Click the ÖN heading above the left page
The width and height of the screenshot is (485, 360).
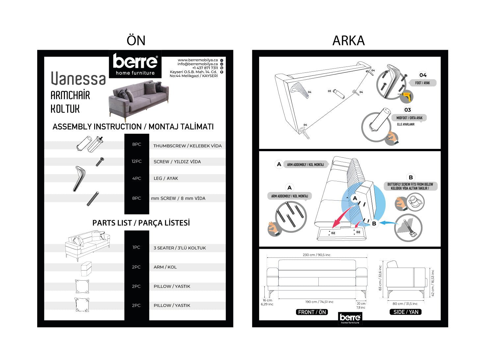[136, 41]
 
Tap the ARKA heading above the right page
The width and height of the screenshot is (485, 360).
[348, 41]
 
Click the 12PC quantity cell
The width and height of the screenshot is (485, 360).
[136, 161]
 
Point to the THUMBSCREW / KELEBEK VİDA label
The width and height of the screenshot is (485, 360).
[187, 146]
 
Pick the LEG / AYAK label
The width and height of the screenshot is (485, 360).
[166, 179]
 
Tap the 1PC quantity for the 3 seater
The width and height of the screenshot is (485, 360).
[136, 247]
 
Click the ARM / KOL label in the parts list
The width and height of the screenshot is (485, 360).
[165, 267]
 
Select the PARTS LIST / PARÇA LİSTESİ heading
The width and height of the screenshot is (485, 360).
[141, 223]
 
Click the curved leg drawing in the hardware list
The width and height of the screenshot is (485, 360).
[79, 179]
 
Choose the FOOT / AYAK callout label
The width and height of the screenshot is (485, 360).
[422, 83]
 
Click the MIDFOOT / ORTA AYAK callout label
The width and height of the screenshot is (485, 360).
[409, 118]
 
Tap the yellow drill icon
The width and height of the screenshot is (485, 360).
[406, 96]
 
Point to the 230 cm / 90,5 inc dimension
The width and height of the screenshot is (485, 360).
[316, 255]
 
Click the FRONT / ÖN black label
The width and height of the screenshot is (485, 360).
[311, 312]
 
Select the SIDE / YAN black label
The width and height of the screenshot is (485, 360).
[406, 312]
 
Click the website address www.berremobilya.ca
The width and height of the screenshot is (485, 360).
[198, 60]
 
